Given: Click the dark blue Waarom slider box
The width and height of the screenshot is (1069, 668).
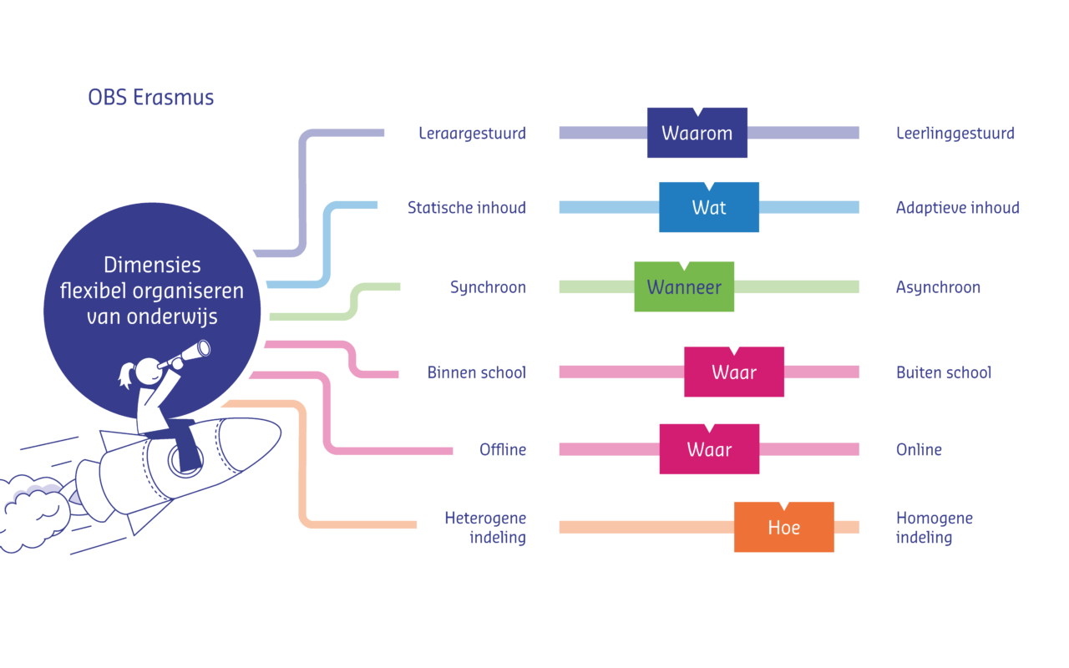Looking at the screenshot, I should (x=697, y=134).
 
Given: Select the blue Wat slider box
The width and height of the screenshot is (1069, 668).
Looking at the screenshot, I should (x=708, y=207).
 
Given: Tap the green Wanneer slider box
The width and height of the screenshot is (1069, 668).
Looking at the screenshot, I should (x=683, y=287).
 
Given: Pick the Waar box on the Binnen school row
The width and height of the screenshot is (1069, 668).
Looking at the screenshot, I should (x=733, y=372).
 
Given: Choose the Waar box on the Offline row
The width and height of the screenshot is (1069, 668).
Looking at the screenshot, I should (x=709, y=450).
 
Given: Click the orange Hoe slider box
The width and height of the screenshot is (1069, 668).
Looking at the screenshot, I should (x=783, y=528).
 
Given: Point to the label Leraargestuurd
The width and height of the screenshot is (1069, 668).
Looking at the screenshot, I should (x=472, y=134).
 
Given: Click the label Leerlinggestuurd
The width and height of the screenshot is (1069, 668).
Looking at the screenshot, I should (x=955, y=134).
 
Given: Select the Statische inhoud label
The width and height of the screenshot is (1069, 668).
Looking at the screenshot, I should (x=466, y=207).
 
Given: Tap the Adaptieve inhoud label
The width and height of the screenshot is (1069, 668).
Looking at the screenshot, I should (x=957, y=207).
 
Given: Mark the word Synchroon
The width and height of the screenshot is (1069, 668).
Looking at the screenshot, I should (x=488, y=287).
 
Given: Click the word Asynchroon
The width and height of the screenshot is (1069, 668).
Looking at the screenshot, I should (x=938, y=287).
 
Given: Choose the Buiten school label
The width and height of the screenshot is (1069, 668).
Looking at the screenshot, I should (x=943, y=372).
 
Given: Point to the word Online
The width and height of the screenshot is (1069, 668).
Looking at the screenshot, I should (x=919, y=450).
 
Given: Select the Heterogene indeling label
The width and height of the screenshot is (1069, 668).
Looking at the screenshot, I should (x=485, y=528).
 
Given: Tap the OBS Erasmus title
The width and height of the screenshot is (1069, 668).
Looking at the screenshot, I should (x=150, y=98).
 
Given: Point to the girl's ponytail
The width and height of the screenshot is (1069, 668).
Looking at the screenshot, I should (x=126, y=375).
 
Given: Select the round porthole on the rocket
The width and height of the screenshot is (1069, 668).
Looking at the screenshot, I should (x=181, y=459).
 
